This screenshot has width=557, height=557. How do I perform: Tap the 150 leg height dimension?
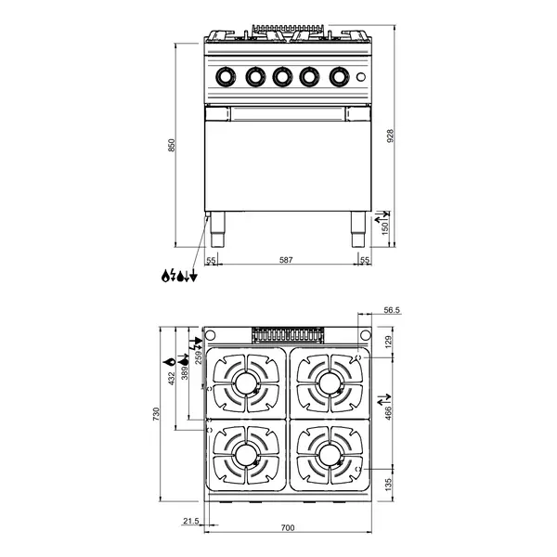click(384, 226)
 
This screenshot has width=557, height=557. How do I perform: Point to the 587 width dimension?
click(286, 261)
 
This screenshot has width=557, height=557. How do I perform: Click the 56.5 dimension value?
click(392, 312)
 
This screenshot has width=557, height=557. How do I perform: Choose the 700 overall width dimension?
click(287, 528)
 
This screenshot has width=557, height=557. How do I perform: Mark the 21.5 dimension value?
click(191, 522)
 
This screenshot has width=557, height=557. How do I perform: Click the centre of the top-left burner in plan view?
click(246, 382)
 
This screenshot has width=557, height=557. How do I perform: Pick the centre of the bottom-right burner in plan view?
click(326, 454)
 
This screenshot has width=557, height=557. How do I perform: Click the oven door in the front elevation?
click(286, 162)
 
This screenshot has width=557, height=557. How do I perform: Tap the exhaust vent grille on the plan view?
click(287, 334)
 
